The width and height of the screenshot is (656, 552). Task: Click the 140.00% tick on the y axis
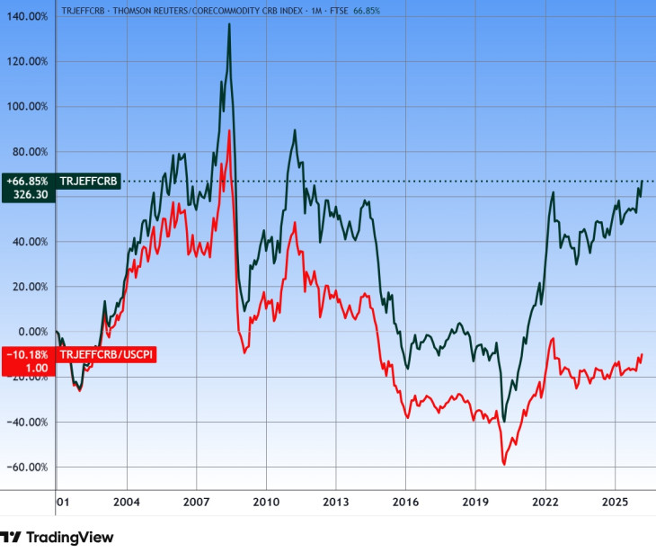26,16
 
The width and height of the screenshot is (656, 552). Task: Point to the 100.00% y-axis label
26,106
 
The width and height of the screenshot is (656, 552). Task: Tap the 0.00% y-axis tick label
31,332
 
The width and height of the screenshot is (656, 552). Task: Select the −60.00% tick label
26,467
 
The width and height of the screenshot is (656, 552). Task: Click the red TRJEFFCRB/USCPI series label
107,355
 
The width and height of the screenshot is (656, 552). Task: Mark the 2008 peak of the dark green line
229,24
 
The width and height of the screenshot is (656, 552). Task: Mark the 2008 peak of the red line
230,131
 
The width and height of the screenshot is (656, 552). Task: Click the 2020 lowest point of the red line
504,464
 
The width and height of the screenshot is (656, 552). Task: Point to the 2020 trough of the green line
504,421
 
